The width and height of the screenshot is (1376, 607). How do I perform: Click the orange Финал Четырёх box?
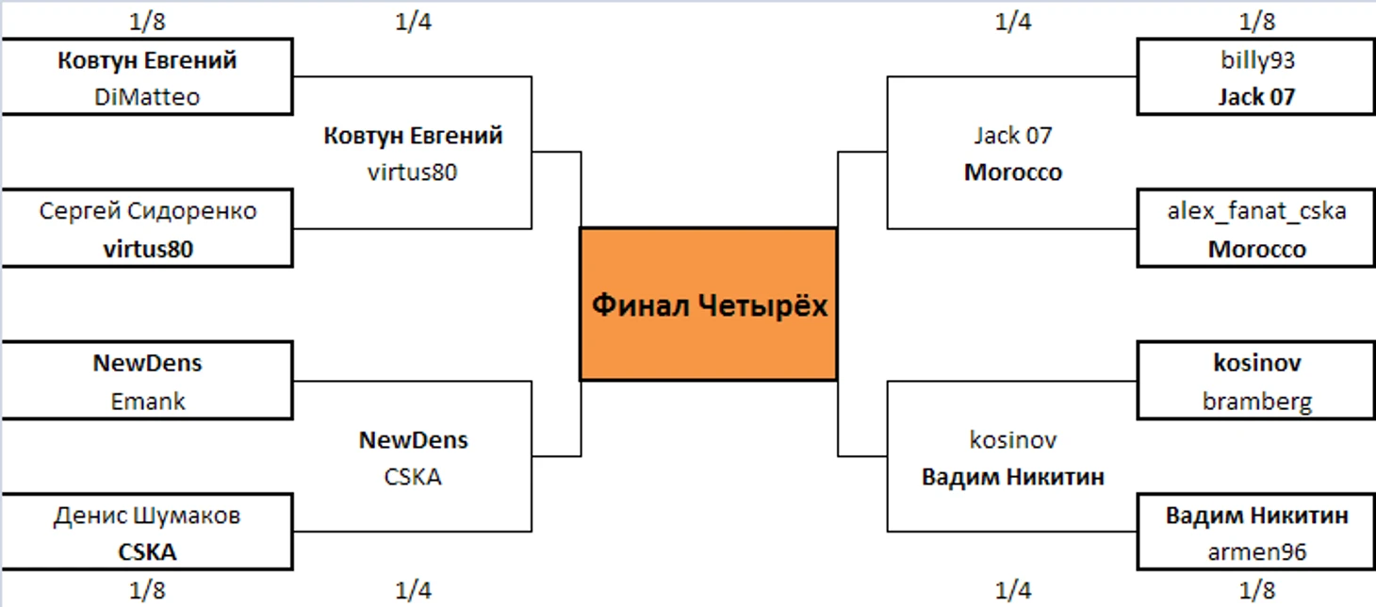click(708, 303)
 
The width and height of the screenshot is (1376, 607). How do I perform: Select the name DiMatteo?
click(147, 97)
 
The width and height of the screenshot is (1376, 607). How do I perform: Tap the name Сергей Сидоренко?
click(147, 211)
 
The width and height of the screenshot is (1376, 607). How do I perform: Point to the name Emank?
click(147, 402)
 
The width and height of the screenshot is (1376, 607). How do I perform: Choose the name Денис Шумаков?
click(147, 516)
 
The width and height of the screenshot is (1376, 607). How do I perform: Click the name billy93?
click(1256, 60)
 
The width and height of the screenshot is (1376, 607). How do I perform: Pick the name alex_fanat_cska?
click(1256, 211)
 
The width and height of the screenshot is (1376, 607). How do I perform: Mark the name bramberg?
click(1256, 402)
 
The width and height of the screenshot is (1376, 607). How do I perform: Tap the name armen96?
click(1256, 552)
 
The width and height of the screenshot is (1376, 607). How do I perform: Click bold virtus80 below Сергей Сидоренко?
click(147, 250)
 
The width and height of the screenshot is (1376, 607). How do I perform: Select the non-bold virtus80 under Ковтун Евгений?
click(413, 172)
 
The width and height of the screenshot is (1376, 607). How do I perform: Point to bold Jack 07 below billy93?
click(1256, 97)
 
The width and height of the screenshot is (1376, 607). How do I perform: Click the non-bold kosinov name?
click(1013, 440)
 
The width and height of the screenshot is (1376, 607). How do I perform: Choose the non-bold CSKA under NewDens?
click(413, 477)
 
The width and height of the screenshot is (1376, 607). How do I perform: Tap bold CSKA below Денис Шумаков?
click(147, 552)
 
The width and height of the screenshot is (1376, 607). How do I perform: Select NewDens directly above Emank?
click(147, 364)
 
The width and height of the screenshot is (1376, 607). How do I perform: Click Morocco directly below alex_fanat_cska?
click(1256, 250)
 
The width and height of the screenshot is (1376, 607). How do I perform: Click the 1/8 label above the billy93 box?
click(1256, 22)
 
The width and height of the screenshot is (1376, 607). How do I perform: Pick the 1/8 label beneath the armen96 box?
click(1256, 591)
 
